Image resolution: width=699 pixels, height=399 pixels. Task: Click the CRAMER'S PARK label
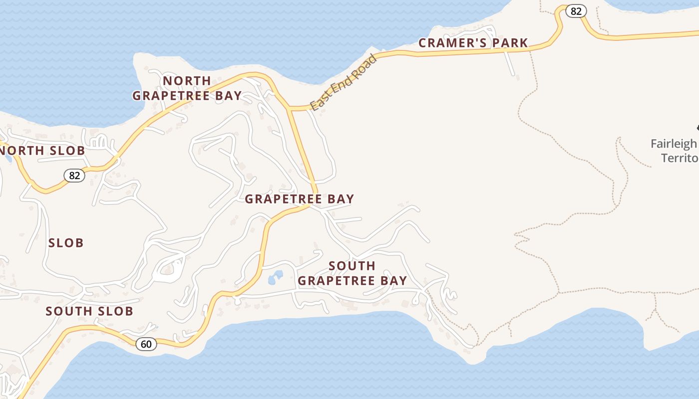coord(473,43)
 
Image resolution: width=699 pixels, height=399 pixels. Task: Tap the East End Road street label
coord(343,83)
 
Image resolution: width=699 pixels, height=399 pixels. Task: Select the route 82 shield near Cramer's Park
coord(576,11)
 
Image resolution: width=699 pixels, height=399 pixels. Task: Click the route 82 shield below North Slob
coord(74,175)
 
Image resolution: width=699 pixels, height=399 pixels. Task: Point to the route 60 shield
coord(146,344)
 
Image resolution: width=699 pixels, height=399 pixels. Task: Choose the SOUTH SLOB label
coord(89,311)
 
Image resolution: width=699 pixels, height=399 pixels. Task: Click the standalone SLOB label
coord(66,243)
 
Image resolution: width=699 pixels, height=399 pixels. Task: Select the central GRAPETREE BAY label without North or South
coord(299,199)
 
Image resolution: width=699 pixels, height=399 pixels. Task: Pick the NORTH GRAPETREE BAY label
coord(187,88)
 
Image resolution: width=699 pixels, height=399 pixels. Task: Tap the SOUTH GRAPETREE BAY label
coord(352,273)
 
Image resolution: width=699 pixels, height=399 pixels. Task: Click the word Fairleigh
coord(673,144)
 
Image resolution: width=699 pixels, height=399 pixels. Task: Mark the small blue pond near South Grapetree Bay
coord(275,277)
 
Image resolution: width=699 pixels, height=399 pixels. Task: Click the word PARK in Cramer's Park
coord(510,43)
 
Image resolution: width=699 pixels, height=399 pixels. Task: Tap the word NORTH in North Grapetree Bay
coord(187,80)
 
